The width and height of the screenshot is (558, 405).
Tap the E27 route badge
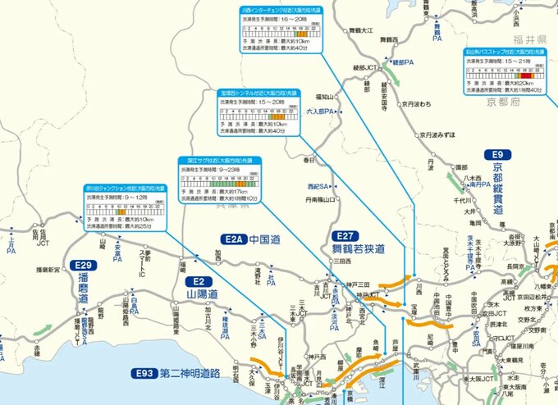pos(344,234)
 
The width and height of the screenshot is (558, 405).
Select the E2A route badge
pos(234,239)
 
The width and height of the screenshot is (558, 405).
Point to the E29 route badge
pos(83,266)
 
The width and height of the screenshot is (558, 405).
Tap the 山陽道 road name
pos(201,293)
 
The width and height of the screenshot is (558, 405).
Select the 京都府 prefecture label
pos(503,102)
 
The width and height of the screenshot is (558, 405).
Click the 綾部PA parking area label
pos(406,61)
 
